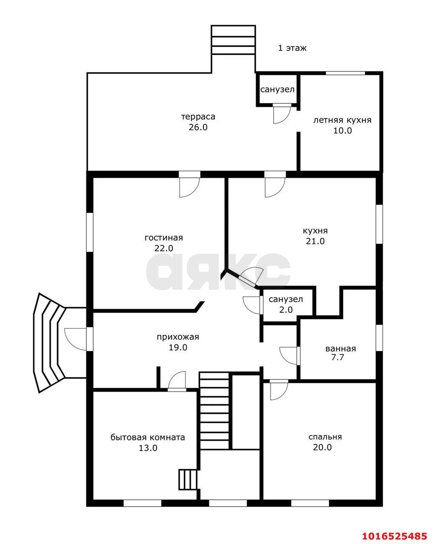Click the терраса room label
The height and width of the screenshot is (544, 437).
coord(198,117)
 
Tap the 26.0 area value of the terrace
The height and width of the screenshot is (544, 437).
coord(198,127)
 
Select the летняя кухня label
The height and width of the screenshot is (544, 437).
coord(342,120)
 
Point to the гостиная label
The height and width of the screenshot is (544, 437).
coord(164,238)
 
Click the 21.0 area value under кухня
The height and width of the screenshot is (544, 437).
coord(315,241)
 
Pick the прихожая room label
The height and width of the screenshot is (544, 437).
coord(178,337)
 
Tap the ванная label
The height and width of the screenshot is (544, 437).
coord(340,349)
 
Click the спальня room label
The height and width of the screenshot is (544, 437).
coord(325,437)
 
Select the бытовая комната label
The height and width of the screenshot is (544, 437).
coord(148,437)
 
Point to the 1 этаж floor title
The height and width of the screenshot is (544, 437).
coord(292,48)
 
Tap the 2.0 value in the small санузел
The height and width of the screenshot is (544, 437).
coord(286,310)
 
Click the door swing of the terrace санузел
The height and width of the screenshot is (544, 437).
coord(282,113)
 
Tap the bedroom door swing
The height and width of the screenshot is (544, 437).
coord(279,390)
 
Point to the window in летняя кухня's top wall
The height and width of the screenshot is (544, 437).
coord(346,73)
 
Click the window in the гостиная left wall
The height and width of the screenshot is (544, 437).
coord(90,232)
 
